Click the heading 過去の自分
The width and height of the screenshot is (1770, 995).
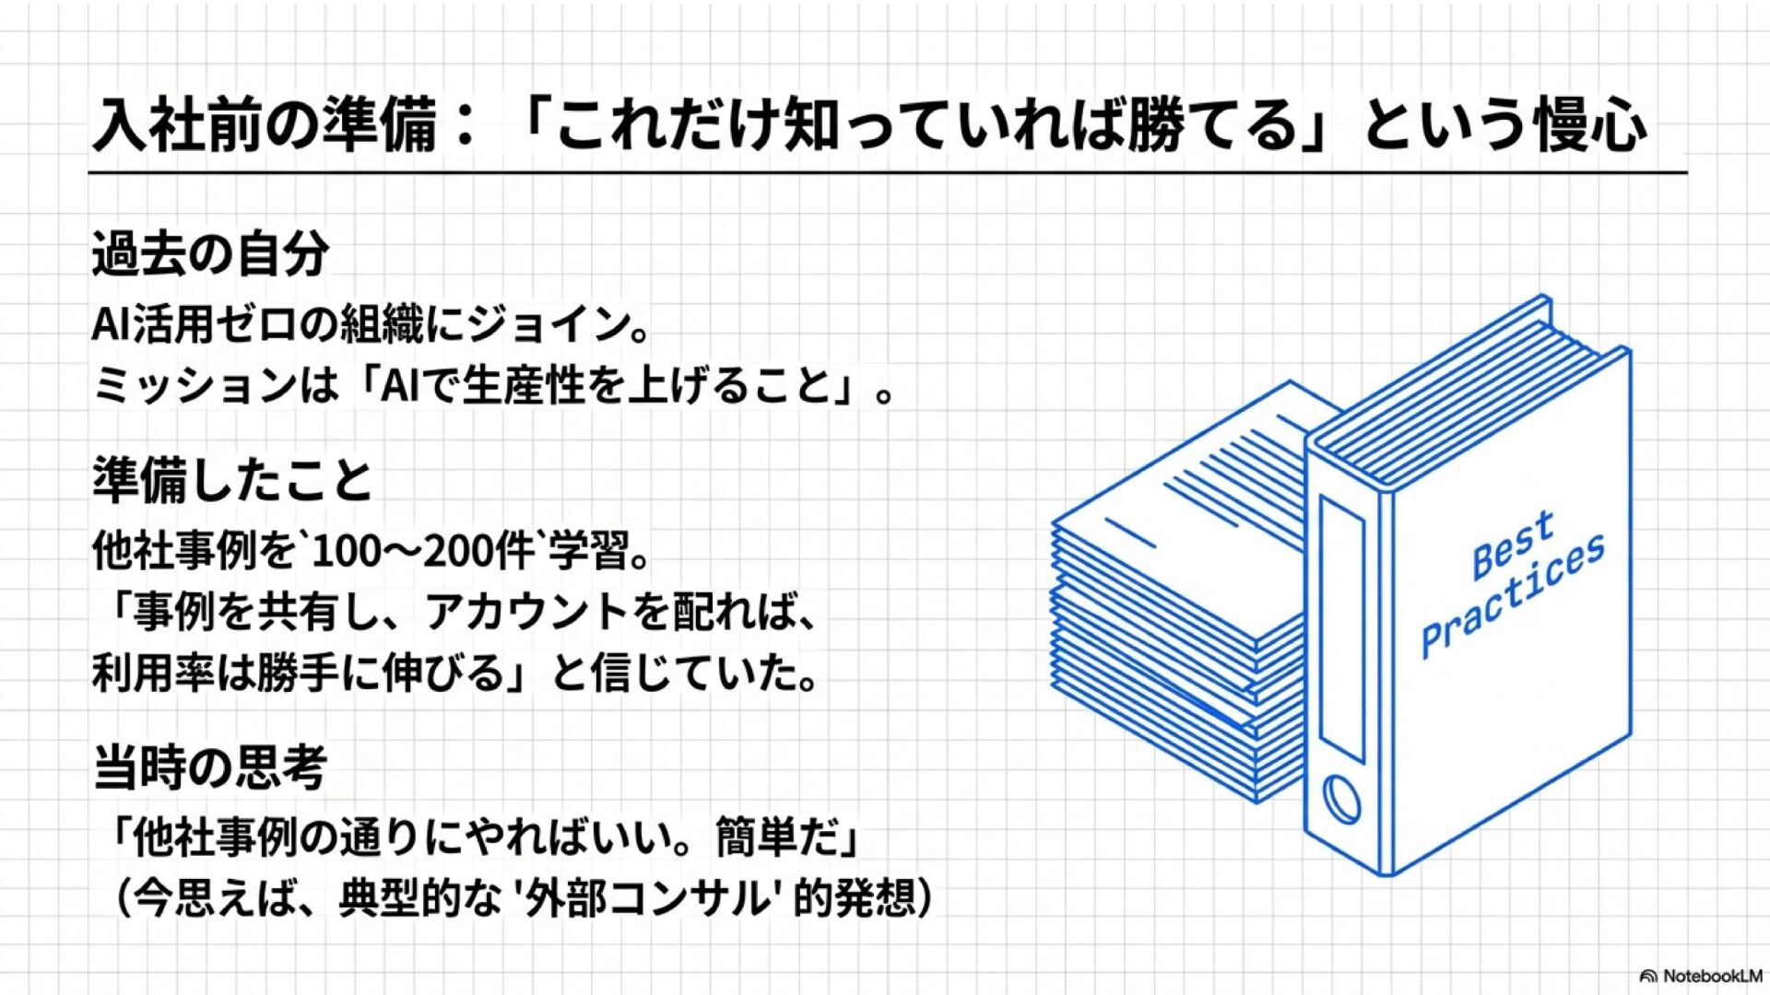pyautogui.click(x=210, y=254)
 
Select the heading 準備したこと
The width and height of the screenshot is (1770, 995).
pyautogui.click(x=232, y=481)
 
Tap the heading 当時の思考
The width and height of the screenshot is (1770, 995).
pyautogui.click(x=210, y=768)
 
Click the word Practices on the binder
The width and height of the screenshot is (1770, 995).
pyautogui.click(x=1513, y=597)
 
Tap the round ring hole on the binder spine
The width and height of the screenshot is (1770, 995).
pyautogui.click(x=1340, y=800)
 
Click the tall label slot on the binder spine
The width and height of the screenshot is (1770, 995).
pyautogui.click(x=1341, y=629)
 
